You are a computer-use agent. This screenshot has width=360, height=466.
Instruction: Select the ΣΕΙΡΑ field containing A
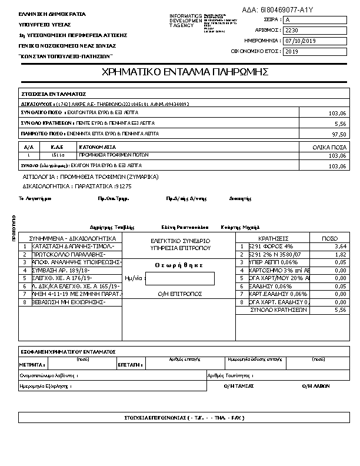pos(315,20)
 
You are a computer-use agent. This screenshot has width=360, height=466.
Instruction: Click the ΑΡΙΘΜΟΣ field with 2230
pos(315,30)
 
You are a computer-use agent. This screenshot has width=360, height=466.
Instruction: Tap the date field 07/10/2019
pos(315,41)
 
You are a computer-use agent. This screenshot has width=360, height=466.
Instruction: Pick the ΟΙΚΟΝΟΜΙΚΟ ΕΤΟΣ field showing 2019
pos(315,52)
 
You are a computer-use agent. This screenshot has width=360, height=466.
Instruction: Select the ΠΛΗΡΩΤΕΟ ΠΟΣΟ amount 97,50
pos(339,134)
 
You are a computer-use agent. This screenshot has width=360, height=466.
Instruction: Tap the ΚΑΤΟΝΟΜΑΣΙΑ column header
pos(98,147)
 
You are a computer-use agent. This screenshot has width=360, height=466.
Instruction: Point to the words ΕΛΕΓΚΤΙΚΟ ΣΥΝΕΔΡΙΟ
pos(180,241)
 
